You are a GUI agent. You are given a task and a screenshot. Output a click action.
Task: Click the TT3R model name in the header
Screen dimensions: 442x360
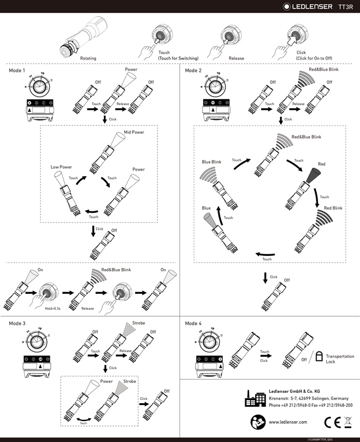[x=345, y=7]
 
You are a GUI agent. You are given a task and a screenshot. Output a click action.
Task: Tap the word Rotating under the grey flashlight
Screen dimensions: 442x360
[x=90, y=57]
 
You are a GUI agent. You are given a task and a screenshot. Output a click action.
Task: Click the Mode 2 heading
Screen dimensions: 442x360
[x=193, y=71]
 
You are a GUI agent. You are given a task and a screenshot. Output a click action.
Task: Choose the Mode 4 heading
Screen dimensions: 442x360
[x=193, y=323]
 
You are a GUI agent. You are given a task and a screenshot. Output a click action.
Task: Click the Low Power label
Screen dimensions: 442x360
[x=62, y=166]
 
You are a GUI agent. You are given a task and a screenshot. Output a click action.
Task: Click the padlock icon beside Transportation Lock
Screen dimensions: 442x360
[x=319, y=357]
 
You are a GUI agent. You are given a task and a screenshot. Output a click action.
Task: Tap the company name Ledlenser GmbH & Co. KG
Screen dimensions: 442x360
[x=295, y=391]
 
